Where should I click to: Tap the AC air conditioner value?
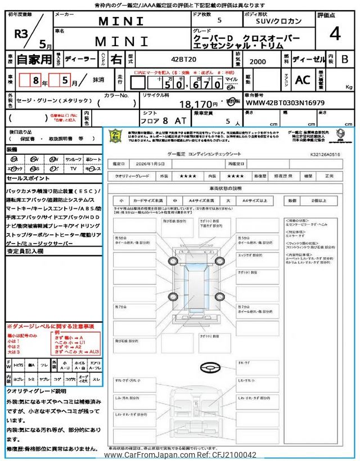tap(303, 80)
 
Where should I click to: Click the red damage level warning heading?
tap(50, 326)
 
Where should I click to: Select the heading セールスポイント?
tap(29, 178)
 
